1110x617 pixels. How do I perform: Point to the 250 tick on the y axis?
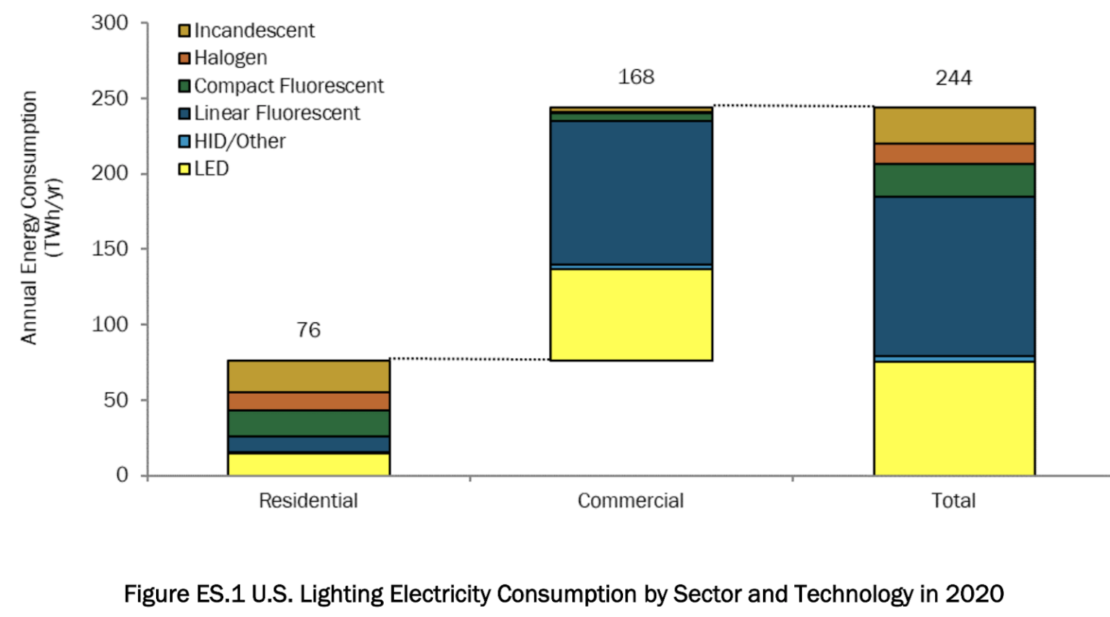click(x=110, y=98)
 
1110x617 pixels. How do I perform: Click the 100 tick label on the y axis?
click(x=110, y=324)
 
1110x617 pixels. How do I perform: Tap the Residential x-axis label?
click(x=309, y=501)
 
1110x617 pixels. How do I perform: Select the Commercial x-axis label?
click(x=630, y=501)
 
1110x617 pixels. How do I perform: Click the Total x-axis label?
click(x=953, y=501)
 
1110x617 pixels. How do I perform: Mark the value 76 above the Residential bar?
click(x=309, y=330)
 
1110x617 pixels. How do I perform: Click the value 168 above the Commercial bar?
click(x=636, y=77)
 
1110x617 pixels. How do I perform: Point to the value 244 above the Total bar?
click(x=954, y=78)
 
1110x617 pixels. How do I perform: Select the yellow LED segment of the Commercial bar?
click(x=631, y=314)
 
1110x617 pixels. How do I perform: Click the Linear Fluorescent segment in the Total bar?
click(x=954, y=276)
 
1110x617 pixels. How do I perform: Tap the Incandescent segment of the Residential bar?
click(x=309, y=376)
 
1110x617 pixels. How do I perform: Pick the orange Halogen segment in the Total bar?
click(x=954, y=154)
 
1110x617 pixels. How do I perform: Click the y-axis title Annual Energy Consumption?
click(x=29, y=217)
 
